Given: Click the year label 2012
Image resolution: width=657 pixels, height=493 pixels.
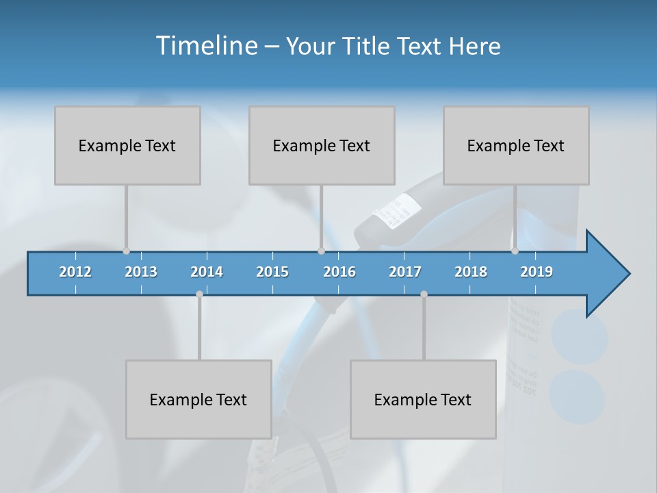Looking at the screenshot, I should (75, 272).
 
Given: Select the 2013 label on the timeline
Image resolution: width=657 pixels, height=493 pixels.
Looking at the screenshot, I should (141, 272).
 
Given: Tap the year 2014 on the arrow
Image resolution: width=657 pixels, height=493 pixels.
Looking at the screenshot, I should (207, 272).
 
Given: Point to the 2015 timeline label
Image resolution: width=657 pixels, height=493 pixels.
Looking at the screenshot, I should (272, 272).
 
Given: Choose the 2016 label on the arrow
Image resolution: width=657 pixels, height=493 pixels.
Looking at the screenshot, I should (339, 272).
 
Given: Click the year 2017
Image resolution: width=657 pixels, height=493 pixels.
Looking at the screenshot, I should (405, 272).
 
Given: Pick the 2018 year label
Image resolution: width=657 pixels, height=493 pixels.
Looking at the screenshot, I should (471, 272).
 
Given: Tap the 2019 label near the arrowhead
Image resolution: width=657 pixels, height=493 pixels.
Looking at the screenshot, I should (537, 272).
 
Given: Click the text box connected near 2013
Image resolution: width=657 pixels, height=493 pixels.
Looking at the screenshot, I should (127, 145).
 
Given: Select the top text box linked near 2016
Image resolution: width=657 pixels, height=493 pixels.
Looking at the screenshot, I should (322, 145).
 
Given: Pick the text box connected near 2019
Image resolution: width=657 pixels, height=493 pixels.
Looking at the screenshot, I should (516, 145).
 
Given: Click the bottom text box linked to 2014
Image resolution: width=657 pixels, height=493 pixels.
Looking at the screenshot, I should (198, 399).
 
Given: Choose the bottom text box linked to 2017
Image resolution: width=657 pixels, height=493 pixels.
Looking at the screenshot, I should (423, 399).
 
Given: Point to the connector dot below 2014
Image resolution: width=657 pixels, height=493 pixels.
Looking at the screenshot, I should (199, 294).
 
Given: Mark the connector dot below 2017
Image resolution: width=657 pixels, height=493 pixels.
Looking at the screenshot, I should (424, 294).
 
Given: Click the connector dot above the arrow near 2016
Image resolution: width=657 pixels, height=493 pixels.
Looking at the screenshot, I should (321, 251).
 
